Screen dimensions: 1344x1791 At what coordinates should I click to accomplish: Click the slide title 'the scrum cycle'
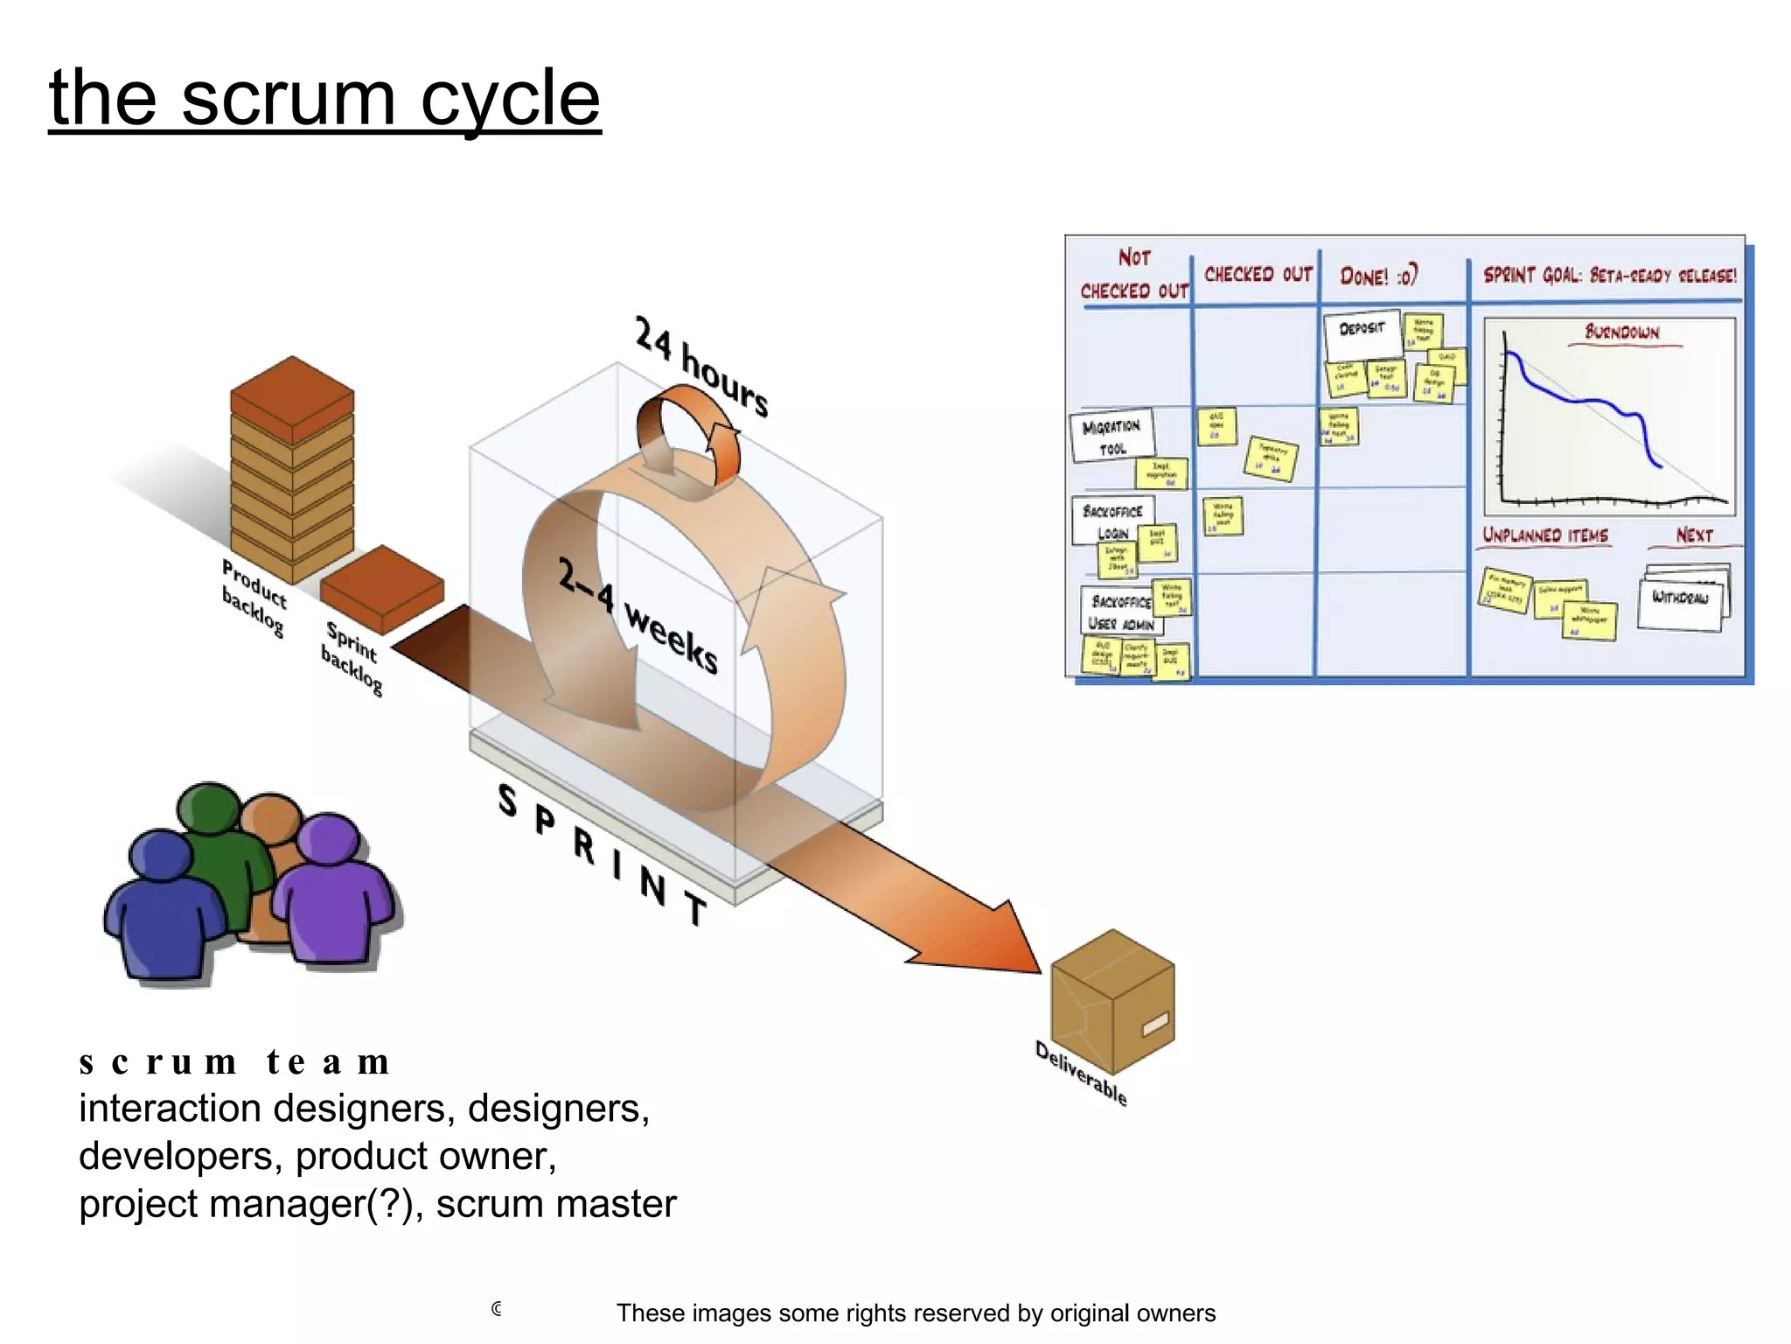(324, 97)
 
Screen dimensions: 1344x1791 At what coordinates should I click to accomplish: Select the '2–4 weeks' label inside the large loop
(639, 618)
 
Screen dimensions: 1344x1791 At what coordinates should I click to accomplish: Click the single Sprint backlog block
(382, 587)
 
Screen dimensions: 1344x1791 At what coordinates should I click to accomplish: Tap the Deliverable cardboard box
(1112, 1001)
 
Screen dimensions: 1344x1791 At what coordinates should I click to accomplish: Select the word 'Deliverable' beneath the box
(1081, 1073)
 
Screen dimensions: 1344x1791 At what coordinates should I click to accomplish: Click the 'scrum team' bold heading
(234, 1061)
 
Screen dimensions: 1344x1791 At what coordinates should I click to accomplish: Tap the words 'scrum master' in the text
(556, 1204)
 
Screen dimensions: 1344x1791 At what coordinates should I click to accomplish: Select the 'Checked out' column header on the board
(1258, 275)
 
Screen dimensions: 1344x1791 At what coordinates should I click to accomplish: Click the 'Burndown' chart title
(1622, 332)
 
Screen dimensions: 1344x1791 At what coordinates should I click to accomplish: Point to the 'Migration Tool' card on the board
(1112, 436)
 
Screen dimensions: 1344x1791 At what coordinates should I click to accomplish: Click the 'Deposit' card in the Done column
(1362, 331)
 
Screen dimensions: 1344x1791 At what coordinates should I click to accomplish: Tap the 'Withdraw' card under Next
(1680, 599)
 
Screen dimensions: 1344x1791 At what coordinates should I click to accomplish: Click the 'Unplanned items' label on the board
(1545, 535)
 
